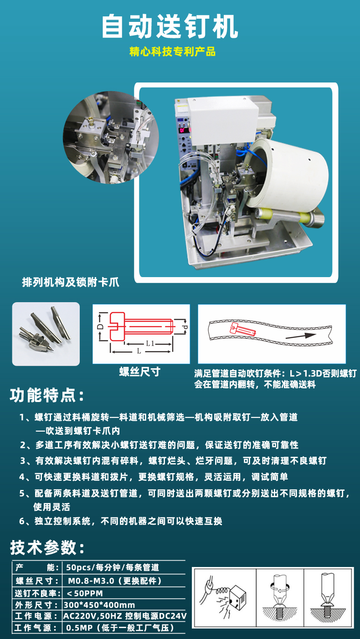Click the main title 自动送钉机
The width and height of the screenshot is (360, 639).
click(x=170, y=26)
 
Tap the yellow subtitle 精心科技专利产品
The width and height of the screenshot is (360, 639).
click(x=172, y=52)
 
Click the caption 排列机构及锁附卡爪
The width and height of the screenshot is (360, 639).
click(x=71, y=282)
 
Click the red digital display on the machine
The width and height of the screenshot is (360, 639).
click(x=182, y=130)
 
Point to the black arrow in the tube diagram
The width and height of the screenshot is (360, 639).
click(x=301, y=336)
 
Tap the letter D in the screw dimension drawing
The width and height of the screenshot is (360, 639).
click(x=100, y=326)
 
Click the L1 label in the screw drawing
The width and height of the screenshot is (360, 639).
click(x=150, y=343)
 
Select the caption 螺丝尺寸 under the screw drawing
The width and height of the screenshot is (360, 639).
click(x=140, y=372)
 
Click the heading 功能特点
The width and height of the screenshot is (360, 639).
click(x=47, y=395)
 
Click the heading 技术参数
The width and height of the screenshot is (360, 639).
click(x=47, y=547)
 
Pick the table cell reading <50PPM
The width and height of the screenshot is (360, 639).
click(x=84, y=593)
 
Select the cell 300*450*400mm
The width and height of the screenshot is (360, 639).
click(x=99, y=605)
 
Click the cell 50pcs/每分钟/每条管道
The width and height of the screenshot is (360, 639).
click(x=113, y=567)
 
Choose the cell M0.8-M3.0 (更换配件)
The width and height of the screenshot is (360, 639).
click(x=115, y=581)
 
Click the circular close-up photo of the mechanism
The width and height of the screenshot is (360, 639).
click(x=111, y=137)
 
